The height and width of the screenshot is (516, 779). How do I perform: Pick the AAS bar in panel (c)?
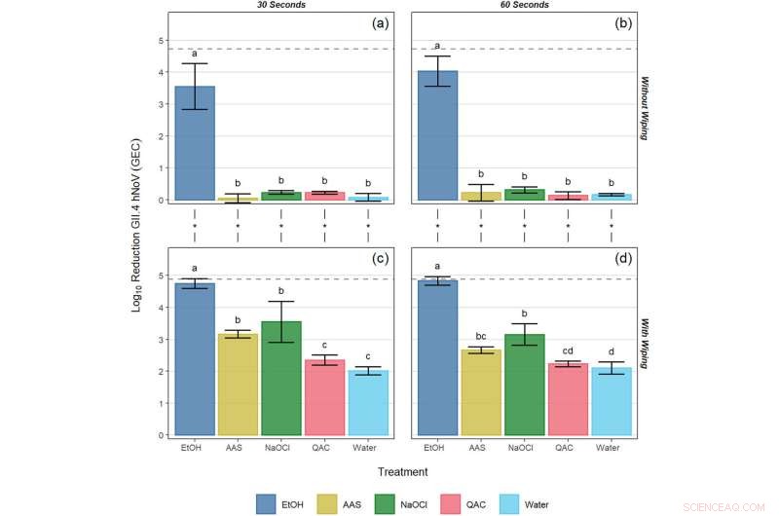239,385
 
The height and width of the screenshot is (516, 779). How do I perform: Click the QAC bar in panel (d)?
568,399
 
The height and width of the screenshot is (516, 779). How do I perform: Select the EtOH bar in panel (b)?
437,135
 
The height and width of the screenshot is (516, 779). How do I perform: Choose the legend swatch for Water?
512,503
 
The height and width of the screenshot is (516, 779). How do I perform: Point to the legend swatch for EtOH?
267,503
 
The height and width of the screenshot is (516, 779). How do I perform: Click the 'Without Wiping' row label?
645,107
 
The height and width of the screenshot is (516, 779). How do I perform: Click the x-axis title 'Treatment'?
402,472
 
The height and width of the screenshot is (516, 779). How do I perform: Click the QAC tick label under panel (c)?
325,448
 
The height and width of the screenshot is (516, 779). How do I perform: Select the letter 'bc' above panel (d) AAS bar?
480,336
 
